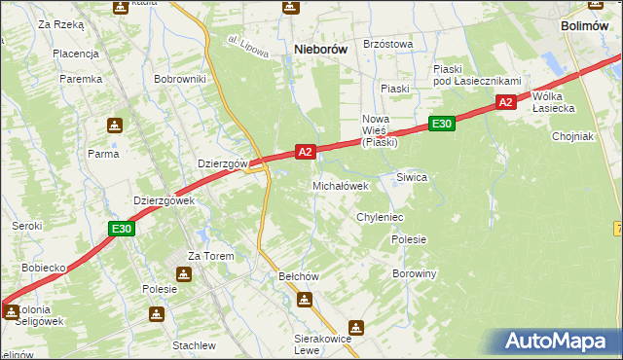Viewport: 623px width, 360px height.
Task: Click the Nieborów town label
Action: pyautogui.click(x=321, y=48)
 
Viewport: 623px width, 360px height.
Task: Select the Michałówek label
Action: pyautogui.click(x=340, y=185)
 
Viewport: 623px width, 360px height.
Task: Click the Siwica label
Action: pyautogui.click(x=412, y=177)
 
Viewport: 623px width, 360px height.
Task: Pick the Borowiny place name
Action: pyautogui.click(x=414, y=274)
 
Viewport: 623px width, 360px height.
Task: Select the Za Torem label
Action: pyautogui.click(x=205, y=256)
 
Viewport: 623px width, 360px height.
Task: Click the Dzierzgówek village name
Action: pyautogui.click(x=164, y=200)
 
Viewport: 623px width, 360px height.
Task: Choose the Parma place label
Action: pyautogui.click(x=103, y=153)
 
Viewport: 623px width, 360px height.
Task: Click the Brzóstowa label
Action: pyautogui.click(x=387, y=44)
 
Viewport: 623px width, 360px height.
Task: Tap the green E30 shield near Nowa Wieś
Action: pyautogui.click(x=441, y=124)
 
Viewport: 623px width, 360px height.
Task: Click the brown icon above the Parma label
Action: pyautogui.click(x=114, y=126)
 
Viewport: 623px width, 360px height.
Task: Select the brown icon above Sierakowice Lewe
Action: pyautogui.click(x=356, y=328)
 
